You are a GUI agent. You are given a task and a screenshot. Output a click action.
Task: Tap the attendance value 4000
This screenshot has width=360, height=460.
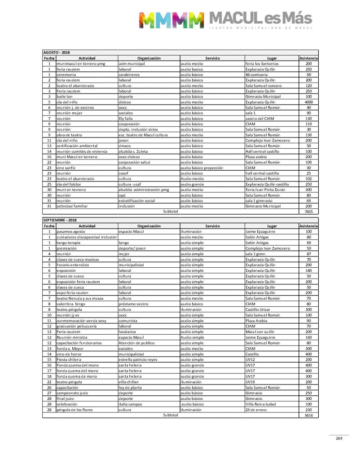click(x=308, y=102)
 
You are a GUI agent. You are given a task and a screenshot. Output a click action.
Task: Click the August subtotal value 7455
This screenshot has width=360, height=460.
click(x=308, y=211)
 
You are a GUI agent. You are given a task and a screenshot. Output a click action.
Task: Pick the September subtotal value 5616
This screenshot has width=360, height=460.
click(x=308, y=416)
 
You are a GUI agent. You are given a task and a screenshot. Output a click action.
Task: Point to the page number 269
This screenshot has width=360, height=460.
click(x=339, y=438)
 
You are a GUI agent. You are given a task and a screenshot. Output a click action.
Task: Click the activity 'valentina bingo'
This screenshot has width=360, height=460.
click(x=72, y=304)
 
